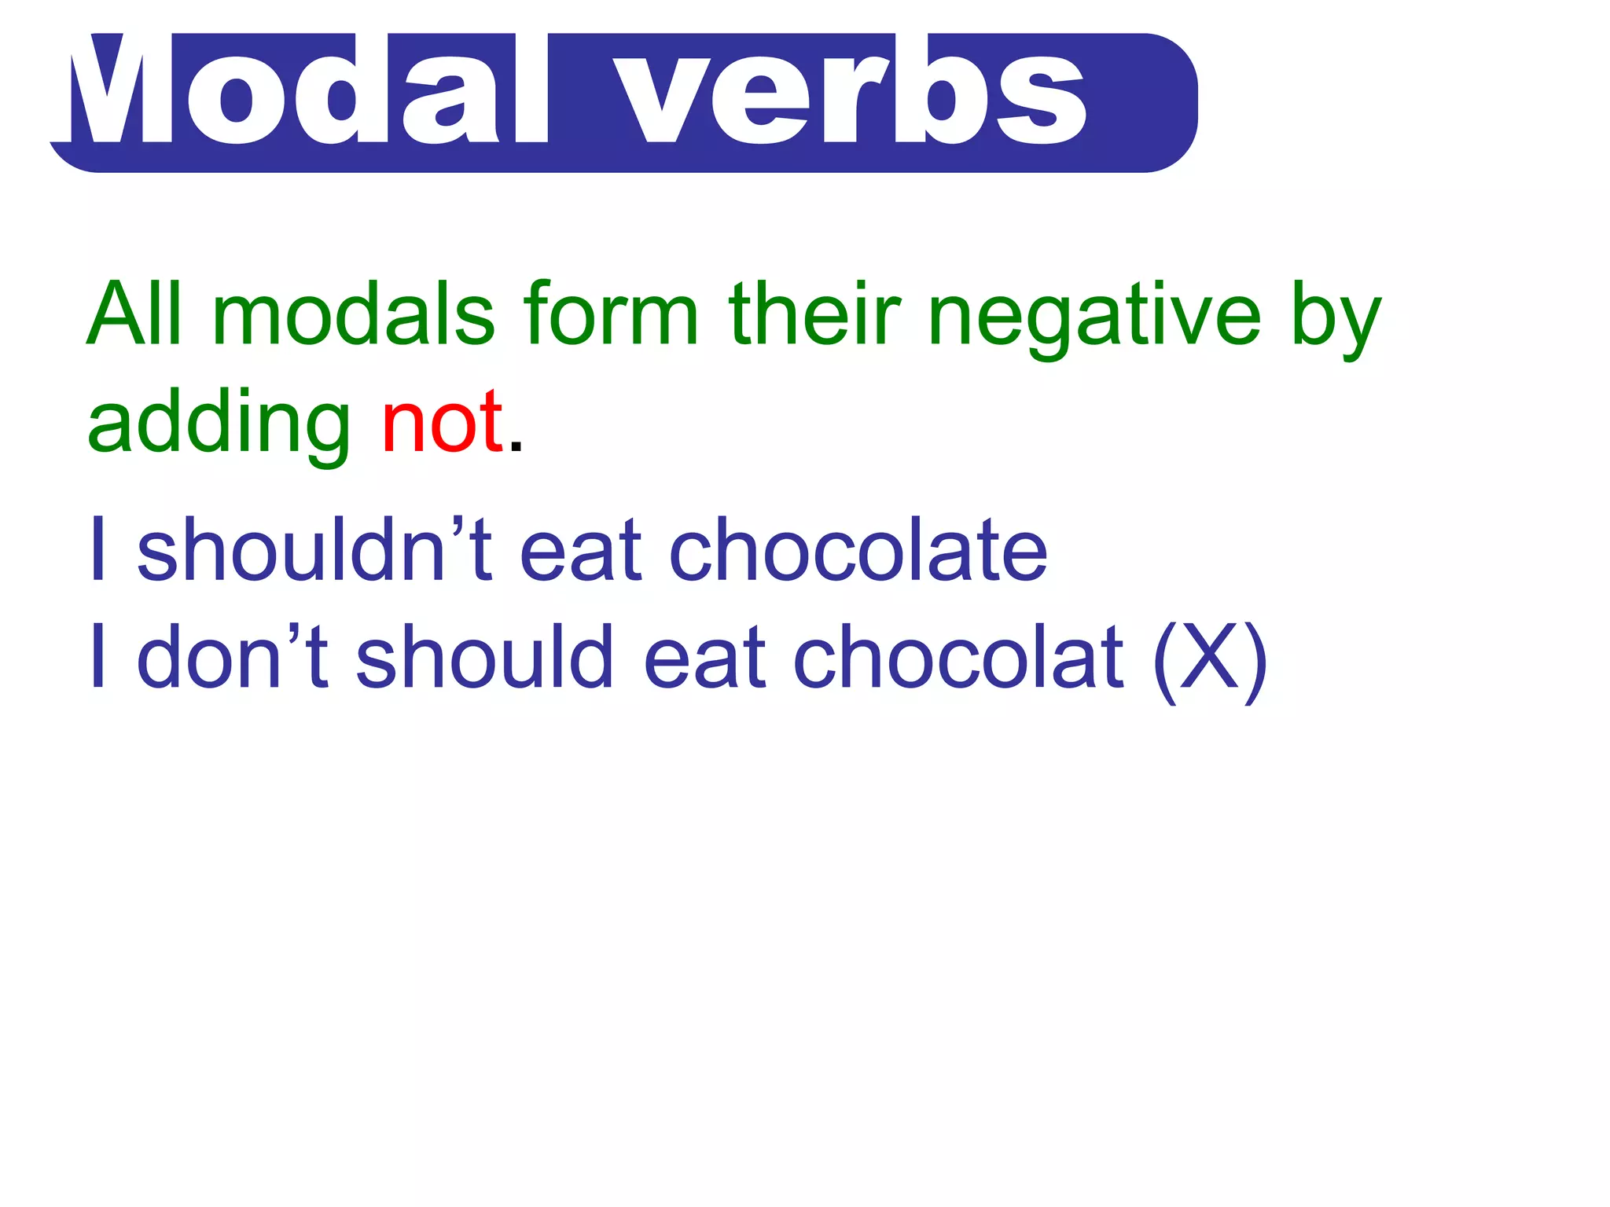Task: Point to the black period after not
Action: pyautogui.click(x=516, y=448)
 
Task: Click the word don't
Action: pyautogui.click(x=233, y=655)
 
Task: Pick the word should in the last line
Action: pyautogui.click(x=483, y=655)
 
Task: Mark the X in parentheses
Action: pyautogui.click(x=1210, y=657)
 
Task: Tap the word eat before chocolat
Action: pyautogui.click(x=704, y=657)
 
